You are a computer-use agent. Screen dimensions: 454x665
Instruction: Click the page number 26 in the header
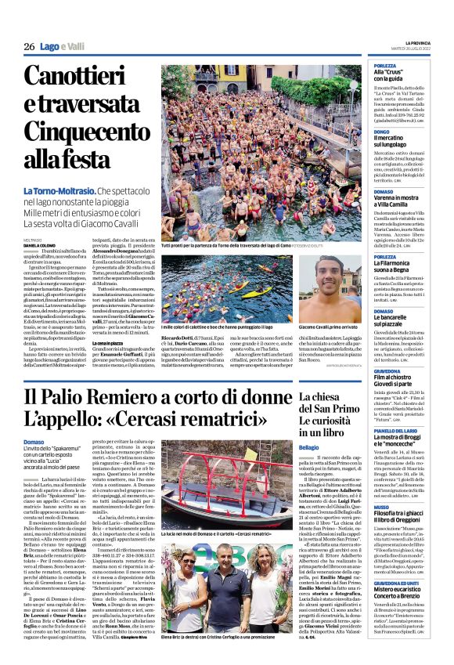click(x=28, y=47)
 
